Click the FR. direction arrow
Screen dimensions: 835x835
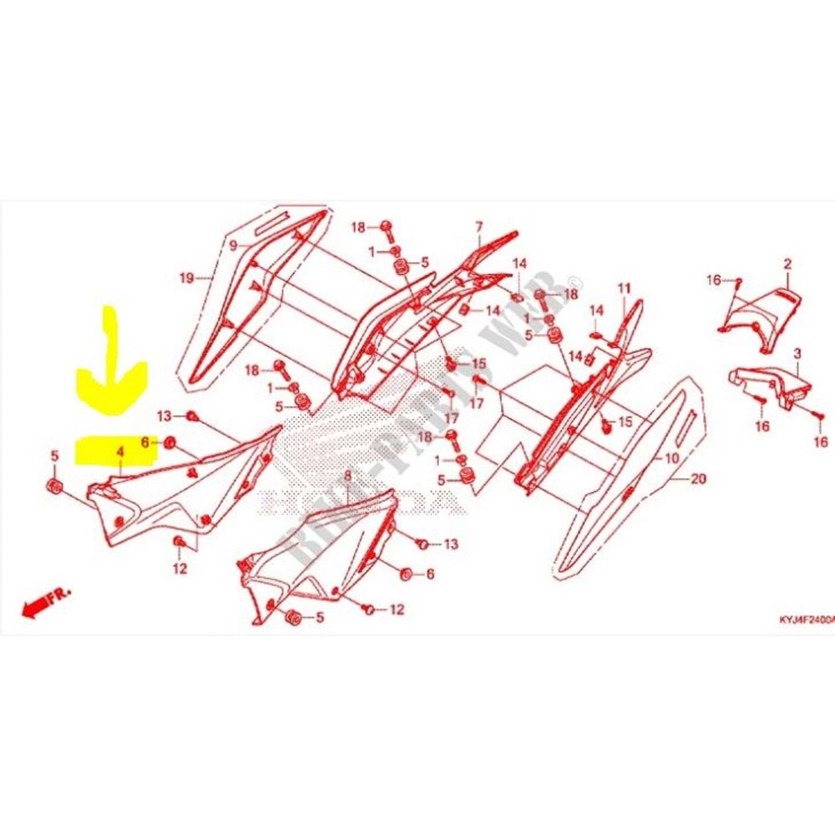(46, 603)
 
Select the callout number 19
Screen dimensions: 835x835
(186, 277)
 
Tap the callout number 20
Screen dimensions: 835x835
(699, 479)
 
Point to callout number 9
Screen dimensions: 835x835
(234, 245)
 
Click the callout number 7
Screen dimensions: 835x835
(479, 227)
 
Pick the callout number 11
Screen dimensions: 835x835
(622, 290)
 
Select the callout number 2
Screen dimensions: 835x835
(787, 265)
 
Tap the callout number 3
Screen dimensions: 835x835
(797, 354)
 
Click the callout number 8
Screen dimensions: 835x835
(347, 476)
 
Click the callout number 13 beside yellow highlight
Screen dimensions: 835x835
(163, 416)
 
